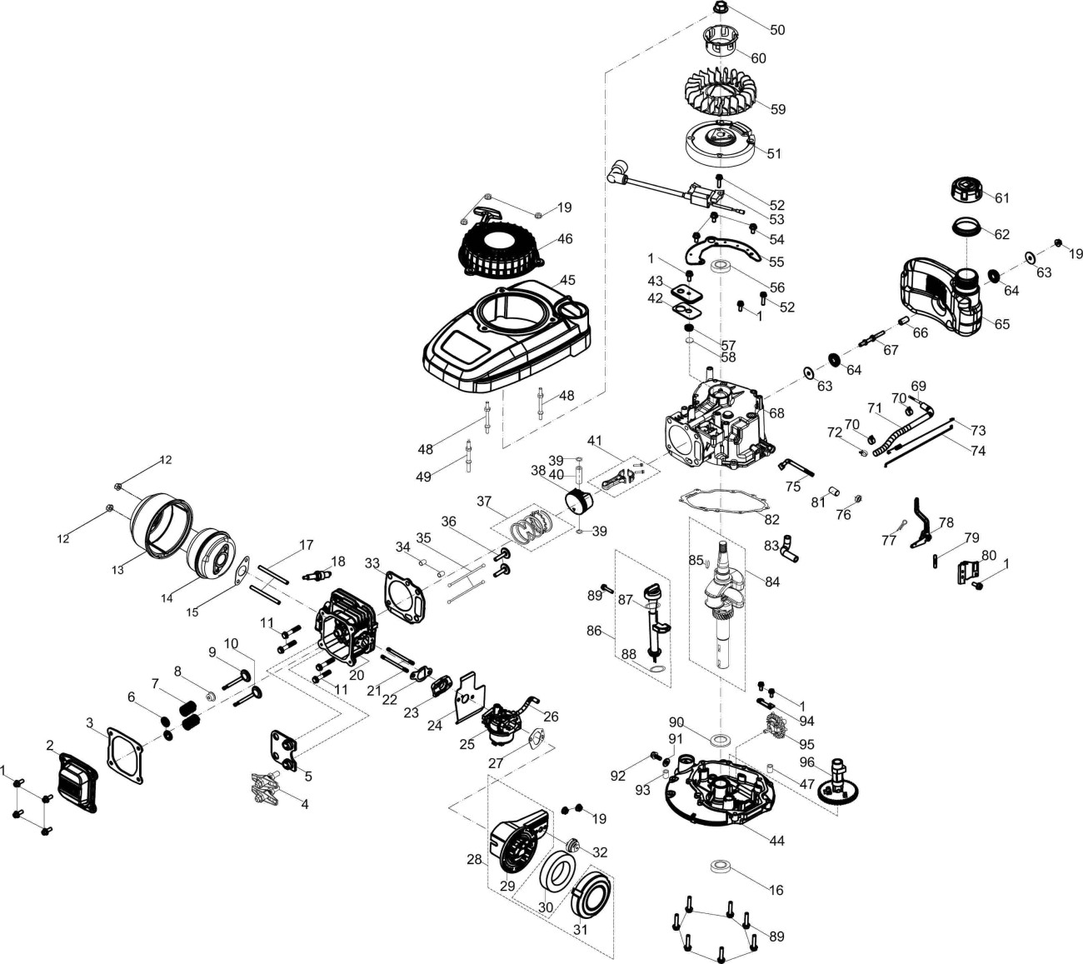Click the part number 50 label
(776, 30)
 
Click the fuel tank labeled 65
(941, 300)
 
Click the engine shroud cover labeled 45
(500, 333)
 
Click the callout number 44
(776, 842)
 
